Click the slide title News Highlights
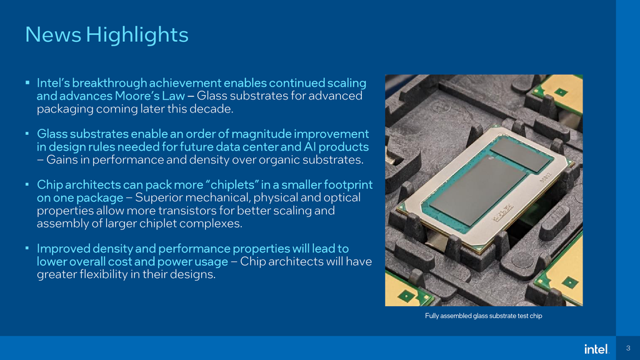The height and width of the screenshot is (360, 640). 106,34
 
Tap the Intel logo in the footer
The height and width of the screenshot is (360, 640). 596,349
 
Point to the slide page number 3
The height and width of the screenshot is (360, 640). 627,348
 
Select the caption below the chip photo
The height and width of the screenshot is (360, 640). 483,316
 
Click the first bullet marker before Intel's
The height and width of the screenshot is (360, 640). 27,82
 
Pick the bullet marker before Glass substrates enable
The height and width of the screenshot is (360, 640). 27,134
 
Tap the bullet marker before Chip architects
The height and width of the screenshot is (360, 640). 27,185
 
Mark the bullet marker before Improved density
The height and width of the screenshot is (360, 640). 27,249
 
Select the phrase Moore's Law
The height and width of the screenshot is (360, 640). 150,96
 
